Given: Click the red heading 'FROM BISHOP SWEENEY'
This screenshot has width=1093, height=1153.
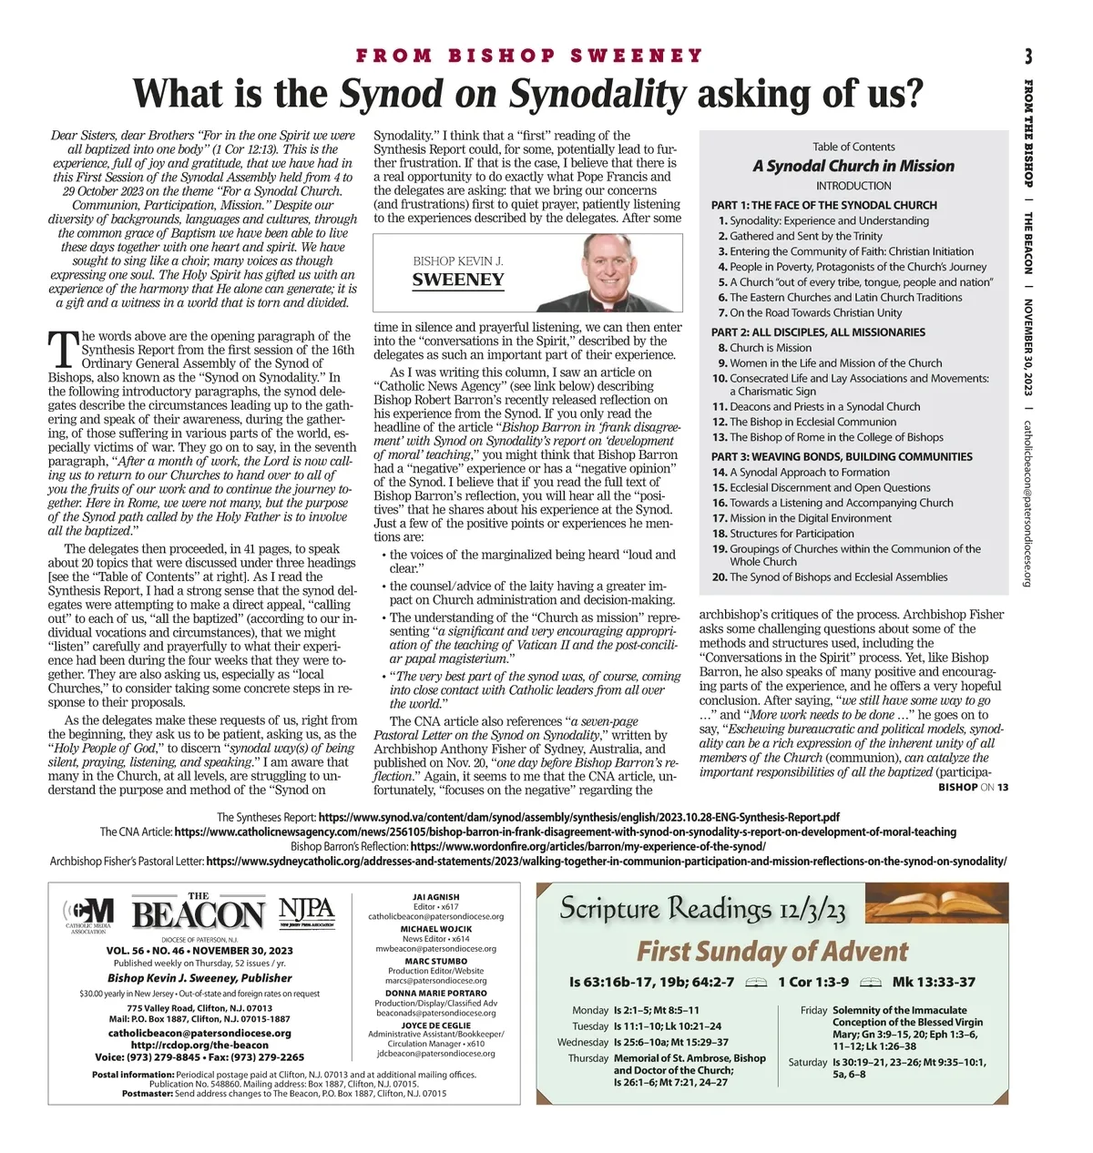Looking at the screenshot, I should point(529,56).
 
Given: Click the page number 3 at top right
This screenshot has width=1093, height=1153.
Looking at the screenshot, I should point(1028,56).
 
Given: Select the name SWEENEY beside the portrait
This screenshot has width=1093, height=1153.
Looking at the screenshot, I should point(457,281).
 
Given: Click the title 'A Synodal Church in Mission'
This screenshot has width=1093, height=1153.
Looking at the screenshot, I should point(853,166).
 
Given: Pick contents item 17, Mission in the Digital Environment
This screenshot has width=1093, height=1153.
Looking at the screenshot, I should point(797,518).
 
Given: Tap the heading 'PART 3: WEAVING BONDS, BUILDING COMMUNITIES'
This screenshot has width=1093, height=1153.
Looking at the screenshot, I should point(842,456).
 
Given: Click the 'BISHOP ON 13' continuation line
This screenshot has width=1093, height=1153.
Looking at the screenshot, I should point(973,787).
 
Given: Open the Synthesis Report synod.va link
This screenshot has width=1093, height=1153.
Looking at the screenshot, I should point(578,817).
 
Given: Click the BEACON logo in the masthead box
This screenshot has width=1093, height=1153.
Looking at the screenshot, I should point(199,914).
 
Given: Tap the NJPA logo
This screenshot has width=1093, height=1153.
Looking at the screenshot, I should point(307,911).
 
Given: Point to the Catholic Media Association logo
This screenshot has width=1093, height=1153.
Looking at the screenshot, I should point(88,913).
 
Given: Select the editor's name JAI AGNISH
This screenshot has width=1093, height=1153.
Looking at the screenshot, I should point(436,897).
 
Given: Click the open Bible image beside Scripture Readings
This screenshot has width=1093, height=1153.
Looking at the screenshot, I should point(933,907).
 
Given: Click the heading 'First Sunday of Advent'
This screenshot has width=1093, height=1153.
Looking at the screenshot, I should point(771,952).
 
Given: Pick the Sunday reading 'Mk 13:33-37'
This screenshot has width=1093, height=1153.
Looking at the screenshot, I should point(934,982).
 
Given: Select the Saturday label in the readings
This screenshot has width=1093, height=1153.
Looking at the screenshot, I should point(807,1062).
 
